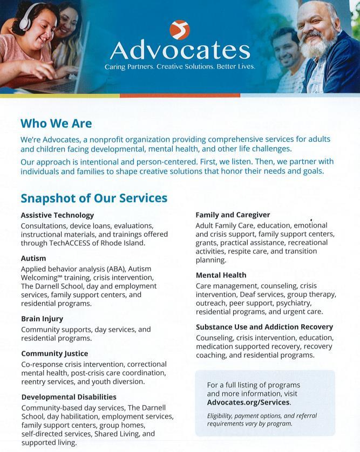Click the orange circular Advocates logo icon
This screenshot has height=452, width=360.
point(180,29)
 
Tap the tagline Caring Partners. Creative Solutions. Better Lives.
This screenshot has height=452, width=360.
point(180,67)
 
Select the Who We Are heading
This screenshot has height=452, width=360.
point(56,124)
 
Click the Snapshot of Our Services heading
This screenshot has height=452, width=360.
point(94,198)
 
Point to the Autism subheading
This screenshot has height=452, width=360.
point(33,258)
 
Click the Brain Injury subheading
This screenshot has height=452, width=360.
point(42,319)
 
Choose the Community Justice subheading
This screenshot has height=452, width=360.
point(55,354)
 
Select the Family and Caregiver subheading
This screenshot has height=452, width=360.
point(233,215)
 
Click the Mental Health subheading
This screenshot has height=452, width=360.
point(221,275)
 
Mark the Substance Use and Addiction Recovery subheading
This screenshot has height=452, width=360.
point(264,327)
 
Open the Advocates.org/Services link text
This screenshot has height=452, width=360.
point(248,402)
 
